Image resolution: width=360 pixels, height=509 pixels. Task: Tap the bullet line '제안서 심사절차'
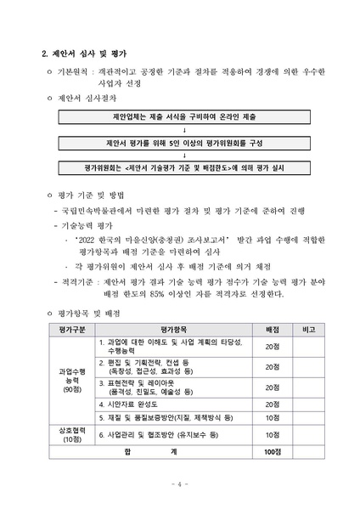tap(85, 99)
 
